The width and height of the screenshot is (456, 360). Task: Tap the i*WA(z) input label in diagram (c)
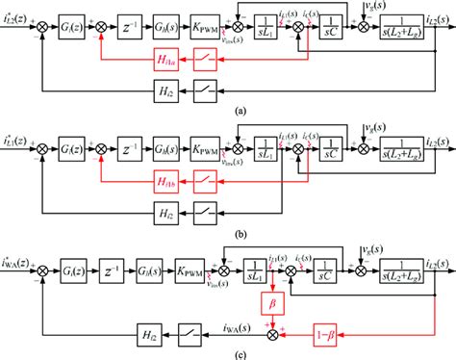(x=22, y=259)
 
